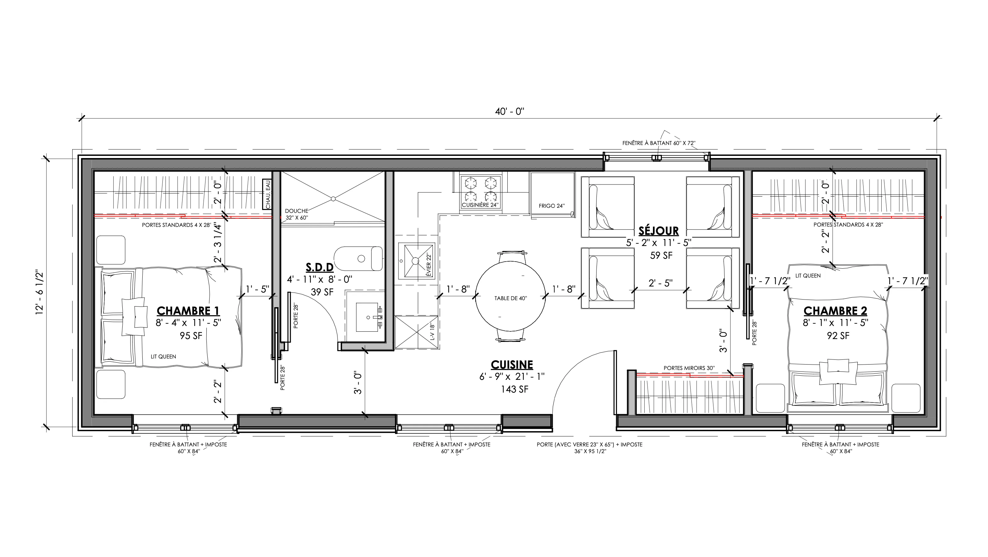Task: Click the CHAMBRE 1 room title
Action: tap(188, 311)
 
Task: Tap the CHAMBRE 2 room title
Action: tap(835, 311)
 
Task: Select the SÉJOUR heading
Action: tap(659, 231)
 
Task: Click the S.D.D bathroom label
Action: tap(319, 267)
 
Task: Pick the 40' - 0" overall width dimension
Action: tap(509, 112)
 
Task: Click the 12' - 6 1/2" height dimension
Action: tap(39, 293)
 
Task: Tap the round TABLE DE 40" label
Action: tap(511, 298)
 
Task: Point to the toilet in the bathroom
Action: tap(358, 258)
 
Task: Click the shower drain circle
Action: tap(333, 199)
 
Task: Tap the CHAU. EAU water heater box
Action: tap(267, 194)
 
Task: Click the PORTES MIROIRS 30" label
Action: tap(689, 368)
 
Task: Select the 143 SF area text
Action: tap(514, 389)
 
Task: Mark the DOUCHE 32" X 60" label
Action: tap(297, 214)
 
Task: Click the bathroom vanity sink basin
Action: tap(368, 317)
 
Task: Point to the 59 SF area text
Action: tap(661, 256)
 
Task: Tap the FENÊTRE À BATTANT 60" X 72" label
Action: tap(659, 143)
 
